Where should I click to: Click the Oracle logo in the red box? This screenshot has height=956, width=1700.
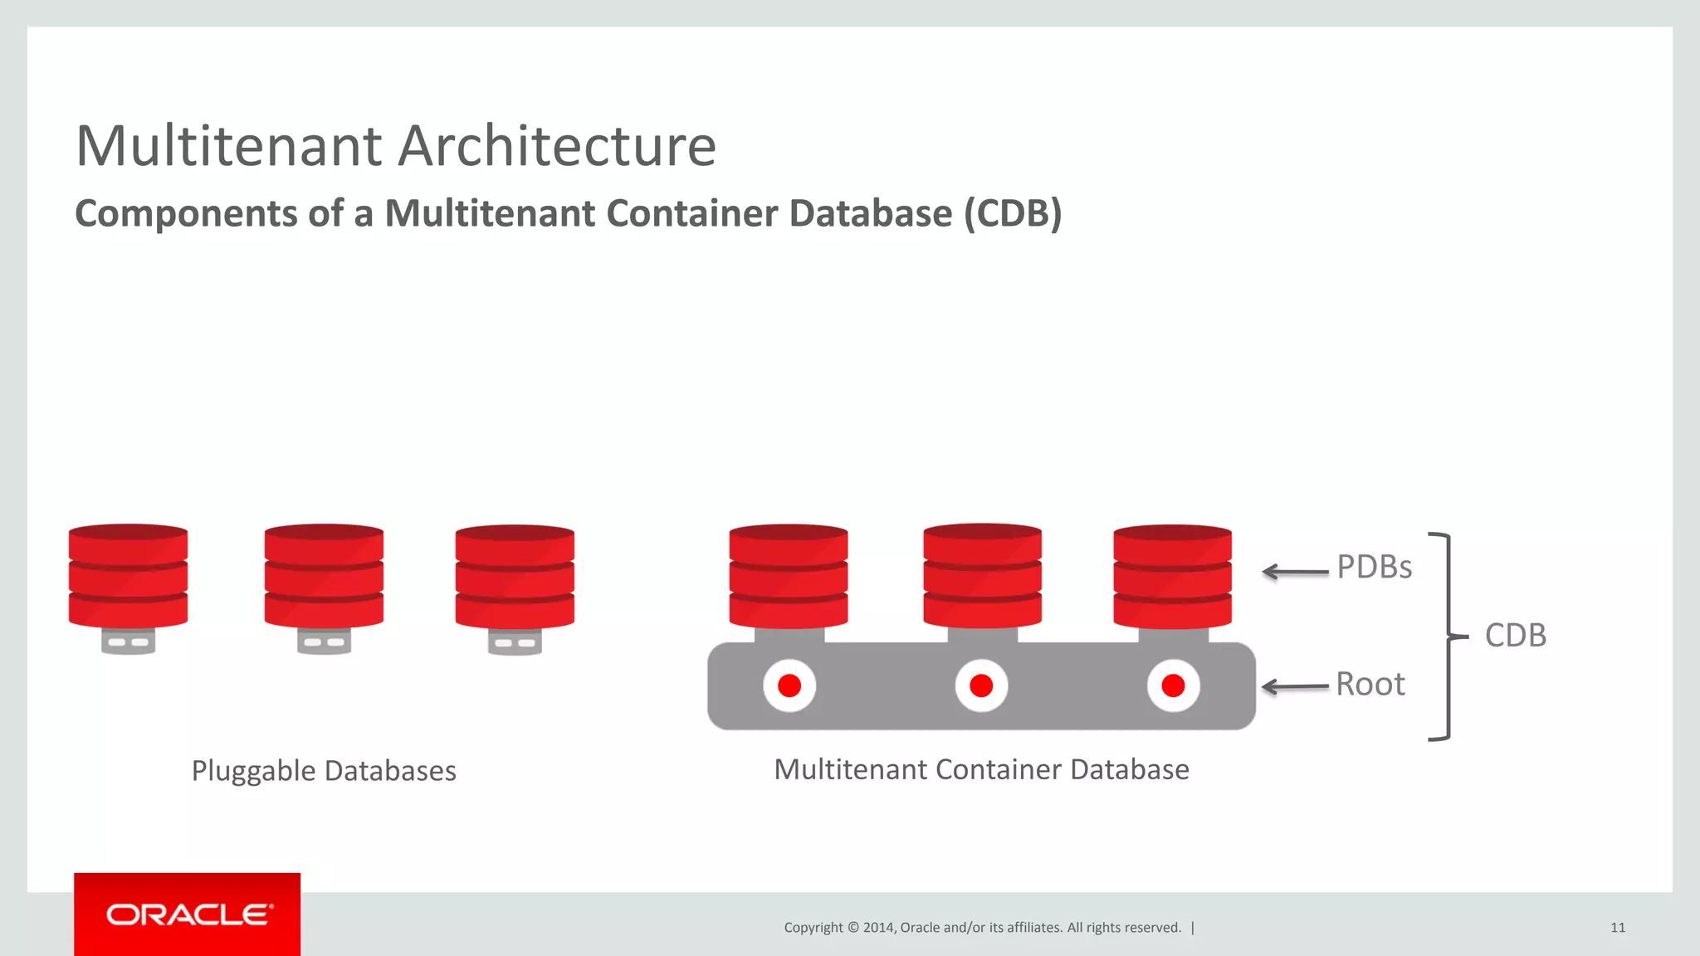(188, 915)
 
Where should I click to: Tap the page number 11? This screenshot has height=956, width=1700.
(1617, 928)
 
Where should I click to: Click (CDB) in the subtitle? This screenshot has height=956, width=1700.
(1013, 213)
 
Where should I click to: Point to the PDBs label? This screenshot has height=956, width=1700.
(1374, 567)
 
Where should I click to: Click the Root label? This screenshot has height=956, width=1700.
(1370, 685)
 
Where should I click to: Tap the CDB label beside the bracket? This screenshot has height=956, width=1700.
(1515, 636)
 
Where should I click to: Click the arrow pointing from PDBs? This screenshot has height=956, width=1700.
(1295, 572)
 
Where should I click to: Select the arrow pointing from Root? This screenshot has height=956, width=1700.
(1295, 686)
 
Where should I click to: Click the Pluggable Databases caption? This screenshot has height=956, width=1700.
(324, 771)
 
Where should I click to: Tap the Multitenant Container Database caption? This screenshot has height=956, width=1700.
(981, 769)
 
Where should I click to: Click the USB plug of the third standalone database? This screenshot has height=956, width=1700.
(515, 641)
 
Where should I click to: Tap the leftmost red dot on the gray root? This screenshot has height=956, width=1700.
(789, 685)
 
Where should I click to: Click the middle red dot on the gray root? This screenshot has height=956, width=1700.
(981, 685)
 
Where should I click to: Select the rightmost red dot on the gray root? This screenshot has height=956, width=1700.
(1173, 685)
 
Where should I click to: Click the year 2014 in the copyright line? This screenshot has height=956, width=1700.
(878, 928)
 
